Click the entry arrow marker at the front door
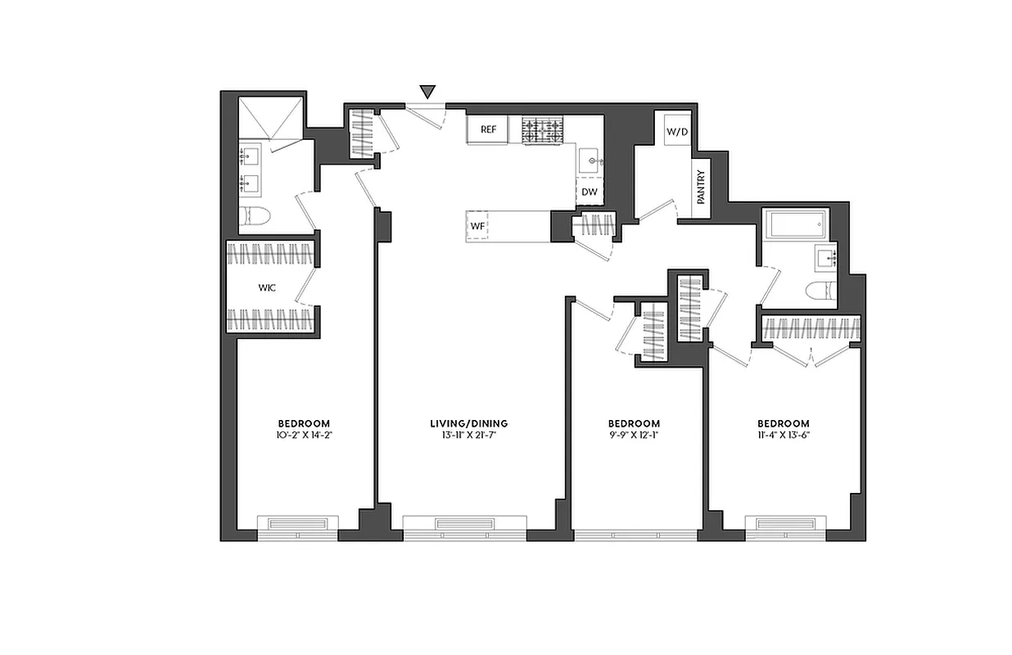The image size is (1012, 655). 427,92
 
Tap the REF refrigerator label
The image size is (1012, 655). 488,129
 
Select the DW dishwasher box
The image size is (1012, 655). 589,192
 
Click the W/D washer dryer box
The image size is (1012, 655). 676,131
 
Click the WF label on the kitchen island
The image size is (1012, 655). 477,224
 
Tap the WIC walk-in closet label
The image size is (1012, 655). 266,288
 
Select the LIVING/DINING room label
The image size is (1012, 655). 468,423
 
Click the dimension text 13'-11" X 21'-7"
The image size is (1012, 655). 468,436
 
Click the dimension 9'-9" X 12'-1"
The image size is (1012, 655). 634,436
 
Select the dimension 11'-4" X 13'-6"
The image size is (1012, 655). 783,436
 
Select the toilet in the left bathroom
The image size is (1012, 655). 255,217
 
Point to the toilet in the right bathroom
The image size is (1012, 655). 818,290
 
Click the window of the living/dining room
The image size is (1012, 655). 464,525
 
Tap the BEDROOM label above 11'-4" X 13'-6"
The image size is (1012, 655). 783,423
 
